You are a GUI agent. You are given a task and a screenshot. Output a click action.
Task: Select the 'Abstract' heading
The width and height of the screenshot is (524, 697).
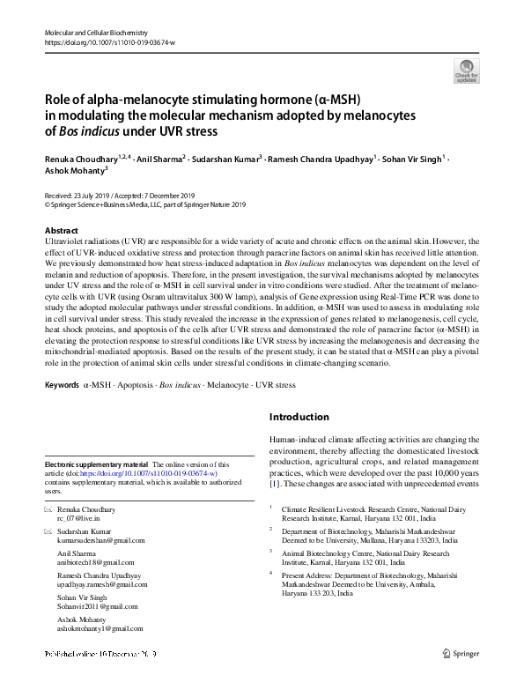click(61, 231)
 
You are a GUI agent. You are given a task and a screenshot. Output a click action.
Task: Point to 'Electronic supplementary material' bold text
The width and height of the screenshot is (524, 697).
click(96, 463)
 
